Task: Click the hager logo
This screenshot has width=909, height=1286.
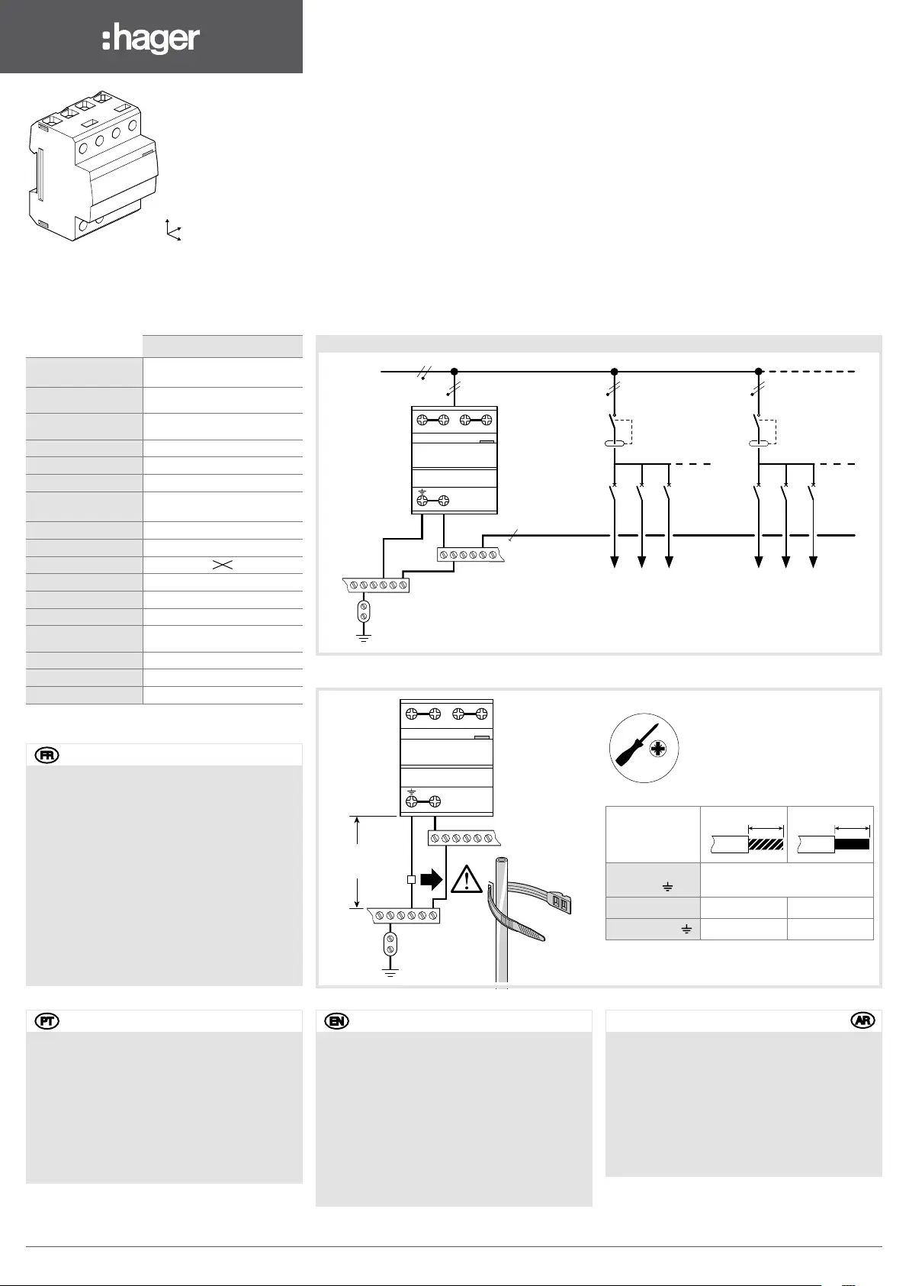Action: (151, 39)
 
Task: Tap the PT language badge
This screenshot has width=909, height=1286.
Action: (47, 1021)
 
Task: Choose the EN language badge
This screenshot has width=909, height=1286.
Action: (336, 1021)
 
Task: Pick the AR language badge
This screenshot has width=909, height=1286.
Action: (862, 1021)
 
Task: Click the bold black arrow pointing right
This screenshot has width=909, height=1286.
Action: (432, 879)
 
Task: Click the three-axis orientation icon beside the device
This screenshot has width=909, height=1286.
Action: (173, 230)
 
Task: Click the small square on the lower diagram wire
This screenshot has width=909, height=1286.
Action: (411, 879)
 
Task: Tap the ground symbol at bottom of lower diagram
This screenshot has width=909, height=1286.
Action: (390, 972)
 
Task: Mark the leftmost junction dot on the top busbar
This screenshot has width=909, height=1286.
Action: (454, 372)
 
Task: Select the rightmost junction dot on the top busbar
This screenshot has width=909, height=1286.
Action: (759, 372)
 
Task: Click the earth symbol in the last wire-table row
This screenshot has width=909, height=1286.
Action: (686, 929)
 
